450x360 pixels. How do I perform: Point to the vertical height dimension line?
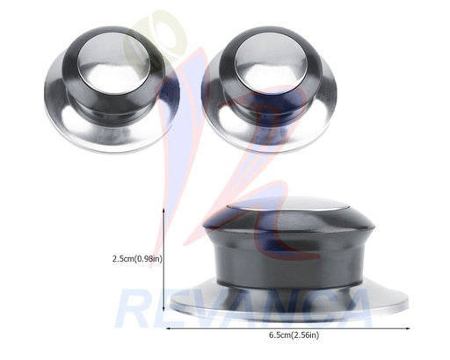click(164, 263)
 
